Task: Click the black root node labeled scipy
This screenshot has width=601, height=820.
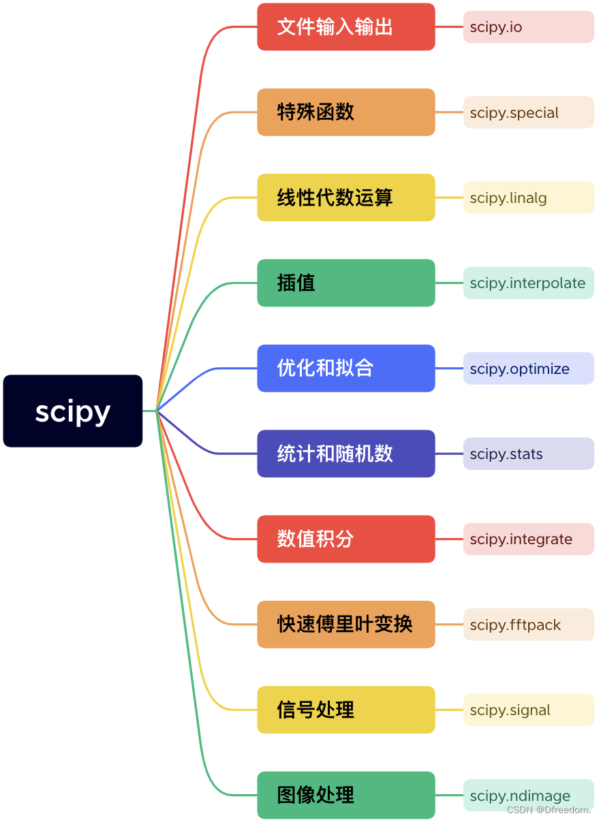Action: point(73,411)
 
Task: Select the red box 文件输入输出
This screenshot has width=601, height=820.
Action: point(345,27)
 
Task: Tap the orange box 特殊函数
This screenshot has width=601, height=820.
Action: point(345,112)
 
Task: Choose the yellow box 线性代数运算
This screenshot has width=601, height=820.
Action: point(345,198)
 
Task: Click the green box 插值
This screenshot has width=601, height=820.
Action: point(345,283)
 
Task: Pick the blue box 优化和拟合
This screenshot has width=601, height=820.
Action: point(345,368)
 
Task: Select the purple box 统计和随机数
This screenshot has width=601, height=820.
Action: point(345,454)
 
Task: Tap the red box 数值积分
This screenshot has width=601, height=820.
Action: point(345,539)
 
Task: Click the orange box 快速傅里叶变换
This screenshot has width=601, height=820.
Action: point(345,625)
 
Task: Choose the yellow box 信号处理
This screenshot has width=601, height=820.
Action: point(345,710)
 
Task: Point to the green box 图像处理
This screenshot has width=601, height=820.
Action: point(345,795)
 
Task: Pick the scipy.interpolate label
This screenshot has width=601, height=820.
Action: point(528,283)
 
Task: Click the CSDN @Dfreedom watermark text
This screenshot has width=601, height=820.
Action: point(549,810)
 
